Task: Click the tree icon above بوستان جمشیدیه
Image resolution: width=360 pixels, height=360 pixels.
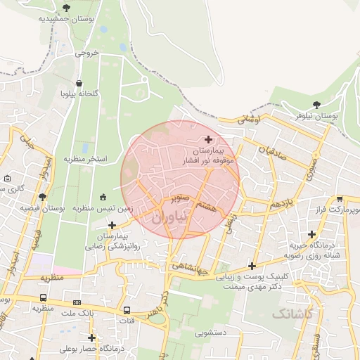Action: tap(66, 8)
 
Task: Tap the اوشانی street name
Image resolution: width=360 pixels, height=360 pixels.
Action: tap(249, 120)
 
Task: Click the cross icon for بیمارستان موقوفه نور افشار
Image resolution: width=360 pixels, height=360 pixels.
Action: tap(208, 139)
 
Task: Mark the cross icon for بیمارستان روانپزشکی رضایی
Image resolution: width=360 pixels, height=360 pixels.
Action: tap(112, 225)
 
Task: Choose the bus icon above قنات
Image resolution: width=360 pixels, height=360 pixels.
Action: tap(127, 310)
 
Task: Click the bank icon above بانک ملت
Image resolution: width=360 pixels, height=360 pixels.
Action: tap(77, 303)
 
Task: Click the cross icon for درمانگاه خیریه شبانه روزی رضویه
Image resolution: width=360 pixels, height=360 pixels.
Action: tap(312, 233)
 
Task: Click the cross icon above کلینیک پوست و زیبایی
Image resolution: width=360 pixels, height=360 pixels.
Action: tap(252, 266)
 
